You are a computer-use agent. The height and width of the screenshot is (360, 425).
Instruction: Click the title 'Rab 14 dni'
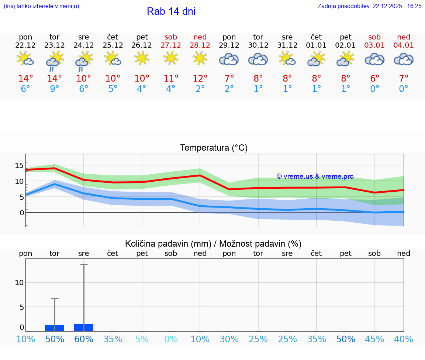[171, 11]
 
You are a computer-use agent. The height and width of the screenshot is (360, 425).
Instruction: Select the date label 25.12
[113, 45]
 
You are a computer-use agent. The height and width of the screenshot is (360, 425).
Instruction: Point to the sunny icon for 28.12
[200, 58]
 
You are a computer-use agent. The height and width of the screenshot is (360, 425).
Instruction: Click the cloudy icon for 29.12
[229, 59]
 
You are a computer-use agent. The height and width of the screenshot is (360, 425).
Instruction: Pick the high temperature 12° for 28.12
[200, 78]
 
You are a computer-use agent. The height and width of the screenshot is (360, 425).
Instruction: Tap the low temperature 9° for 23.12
[55, 89]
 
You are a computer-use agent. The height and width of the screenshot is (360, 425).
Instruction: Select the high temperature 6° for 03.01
[374, 78]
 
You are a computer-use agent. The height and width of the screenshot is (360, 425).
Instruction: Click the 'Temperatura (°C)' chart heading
[214, 148]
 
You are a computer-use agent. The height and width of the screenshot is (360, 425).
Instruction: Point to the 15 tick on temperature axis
[19, 165]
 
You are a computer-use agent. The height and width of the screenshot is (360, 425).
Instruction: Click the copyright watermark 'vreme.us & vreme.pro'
[315, 176]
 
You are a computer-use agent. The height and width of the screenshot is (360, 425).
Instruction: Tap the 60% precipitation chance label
[84, 339]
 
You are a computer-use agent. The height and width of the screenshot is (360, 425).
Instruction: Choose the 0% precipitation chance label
[171, 339]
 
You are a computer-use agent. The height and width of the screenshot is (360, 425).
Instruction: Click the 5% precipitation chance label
[142, 339]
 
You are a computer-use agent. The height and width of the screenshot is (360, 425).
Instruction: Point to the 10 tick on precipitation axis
[19, 282]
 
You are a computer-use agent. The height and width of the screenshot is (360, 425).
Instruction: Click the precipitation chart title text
[213, 244]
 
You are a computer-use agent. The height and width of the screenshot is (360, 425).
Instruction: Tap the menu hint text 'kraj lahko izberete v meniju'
[41, 6]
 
